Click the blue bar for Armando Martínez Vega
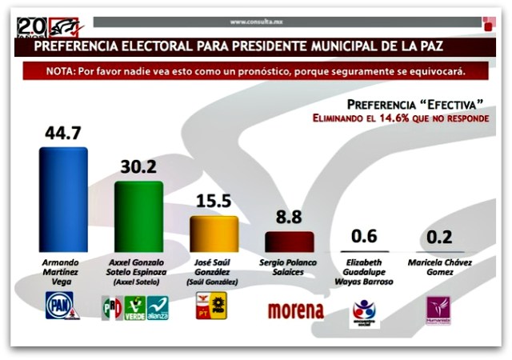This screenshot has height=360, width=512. click(x=63, y=200)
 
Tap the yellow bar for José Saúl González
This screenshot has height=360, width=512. click(x=214, y=234)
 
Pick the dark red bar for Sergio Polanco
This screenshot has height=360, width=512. click(x=289, y=242)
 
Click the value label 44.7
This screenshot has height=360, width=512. click(x=62, y=133)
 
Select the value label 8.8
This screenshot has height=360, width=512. click(x=289, y=218)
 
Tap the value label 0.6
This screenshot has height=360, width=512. click(x=365, y=236)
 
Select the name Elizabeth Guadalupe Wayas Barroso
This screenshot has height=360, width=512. click(x=365, y=272)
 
